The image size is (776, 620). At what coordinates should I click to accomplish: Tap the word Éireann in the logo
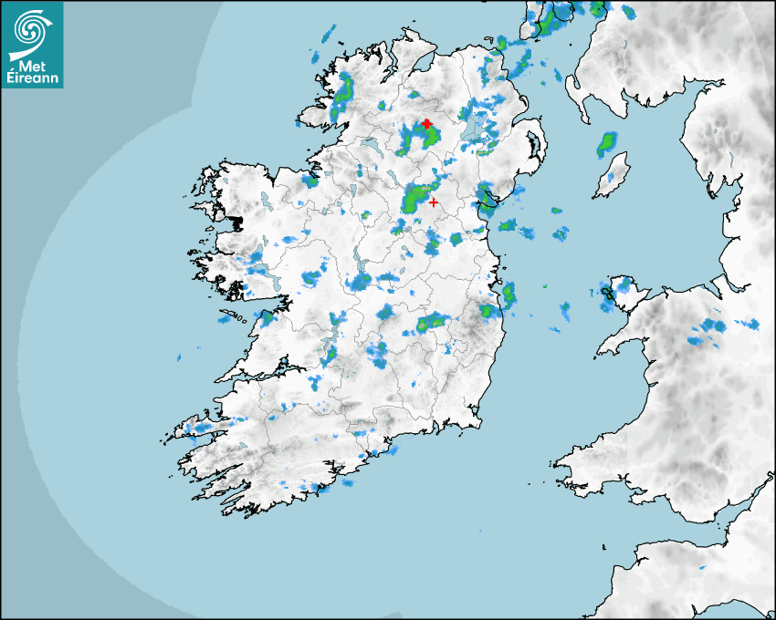[x=33, y=77]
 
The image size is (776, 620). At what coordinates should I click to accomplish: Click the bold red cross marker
[x=426, y=123]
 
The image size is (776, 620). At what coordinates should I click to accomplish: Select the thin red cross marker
[x=433, y=202]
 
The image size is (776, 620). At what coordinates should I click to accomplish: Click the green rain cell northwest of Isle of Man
[x=607, y=144]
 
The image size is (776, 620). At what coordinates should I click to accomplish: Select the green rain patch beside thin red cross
[x=418, y=197]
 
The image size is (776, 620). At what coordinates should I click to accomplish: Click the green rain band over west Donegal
[x=344, y=92]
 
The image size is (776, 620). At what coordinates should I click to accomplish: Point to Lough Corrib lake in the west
[x=261, y=270]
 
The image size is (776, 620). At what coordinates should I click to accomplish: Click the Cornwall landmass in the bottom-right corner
[x=694, y=574]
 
